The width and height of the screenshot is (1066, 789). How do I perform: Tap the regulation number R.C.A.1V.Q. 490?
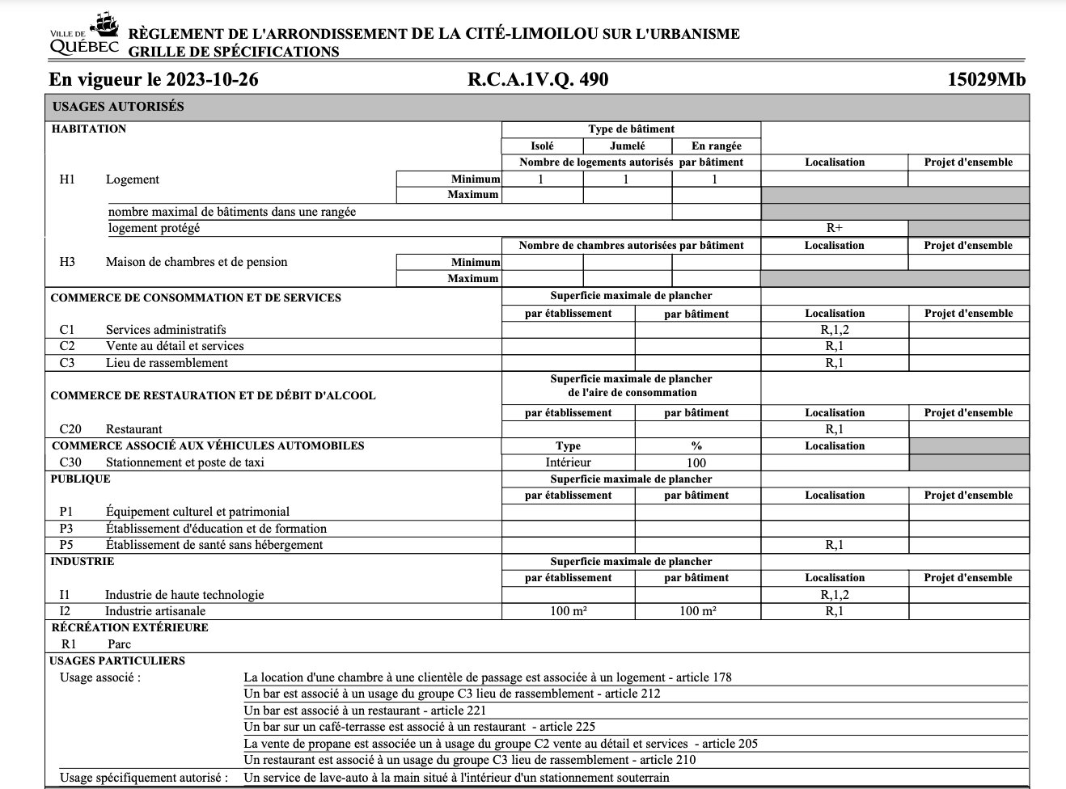(x=537, y=80)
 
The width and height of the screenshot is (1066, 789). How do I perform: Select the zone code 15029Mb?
(x=986, y=80)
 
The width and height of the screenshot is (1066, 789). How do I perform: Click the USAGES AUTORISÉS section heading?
(x=118, y=107)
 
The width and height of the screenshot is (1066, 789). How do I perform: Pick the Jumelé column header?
(x=627, y=146)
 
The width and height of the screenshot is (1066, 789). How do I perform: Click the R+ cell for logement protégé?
(x=834, y=229)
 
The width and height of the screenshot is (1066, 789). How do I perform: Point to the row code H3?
(x=67, y=262)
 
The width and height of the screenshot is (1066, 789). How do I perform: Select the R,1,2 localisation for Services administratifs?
(x=834, y=330)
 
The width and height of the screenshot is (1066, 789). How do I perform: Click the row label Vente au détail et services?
(x=174, y=346)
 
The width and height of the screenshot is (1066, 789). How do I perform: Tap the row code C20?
(x=70, y=429)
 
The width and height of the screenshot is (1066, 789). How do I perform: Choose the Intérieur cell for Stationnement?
(x=568, y=463)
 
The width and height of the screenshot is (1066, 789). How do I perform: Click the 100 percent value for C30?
(x=696, y=463)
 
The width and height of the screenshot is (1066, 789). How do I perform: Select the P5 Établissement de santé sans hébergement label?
(x=214, y=545)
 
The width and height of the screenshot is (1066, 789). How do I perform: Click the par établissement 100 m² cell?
(x=568, y=611)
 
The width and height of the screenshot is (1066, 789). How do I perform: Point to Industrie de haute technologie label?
(x=184, y=595)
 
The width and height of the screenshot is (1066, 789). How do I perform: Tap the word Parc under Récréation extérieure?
(x=119, y=644)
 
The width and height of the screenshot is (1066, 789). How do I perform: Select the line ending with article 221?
(x=365, y=711)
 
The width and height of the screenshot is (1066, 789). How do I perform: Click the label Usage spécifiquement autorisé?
(x=143, y=778)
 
